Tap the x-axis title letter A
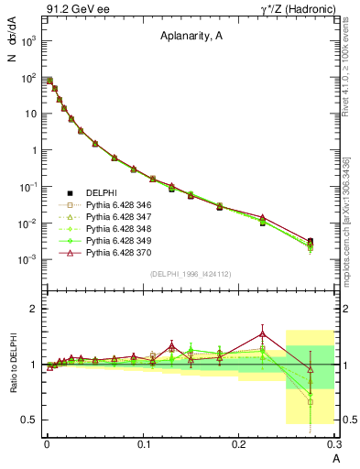(x=336, y=456)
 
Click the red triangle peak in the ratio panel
(x=262, y=333)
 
